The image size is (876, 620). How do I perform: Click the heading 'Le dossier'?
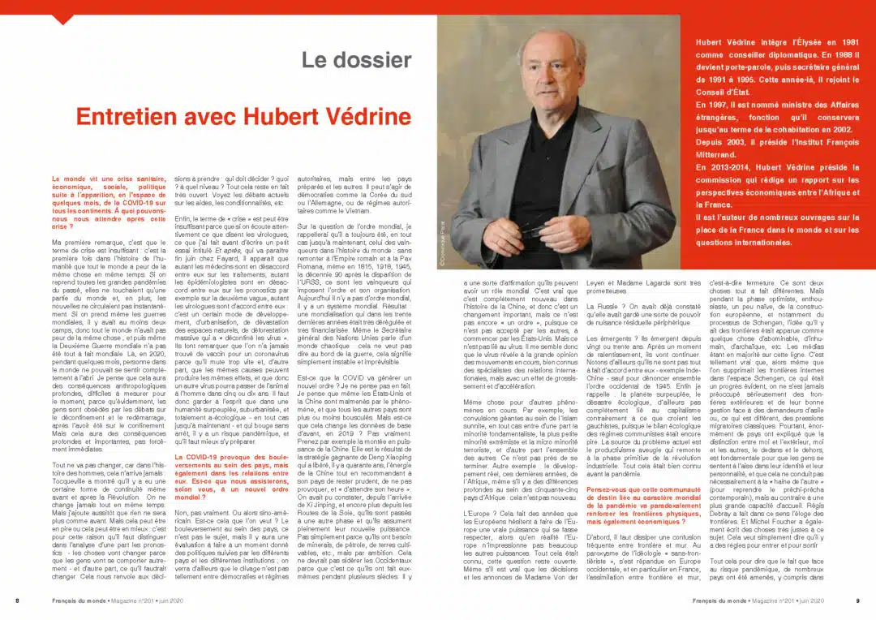pyautogui.click(x=356, y=60)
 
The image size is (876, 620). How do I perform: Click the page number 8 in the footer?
pyautogui.click(x=17, y=601)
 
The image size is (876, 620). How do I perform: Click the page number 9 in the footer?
pyautogui.click(x=857, y=601)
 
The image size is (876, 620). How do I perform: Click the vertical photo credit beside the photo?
pyautogui.click(x=444, y=235)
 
